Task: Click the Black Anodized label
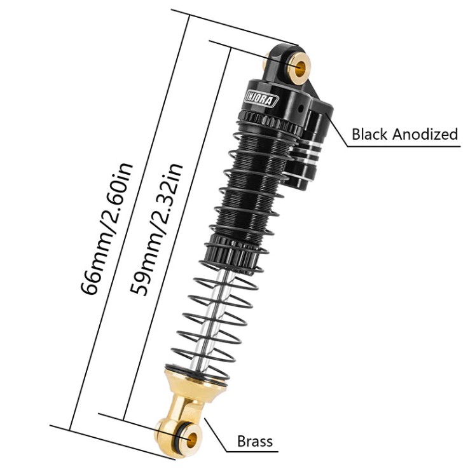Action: coord(404,134)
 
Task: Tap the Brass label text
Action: coord(254,441)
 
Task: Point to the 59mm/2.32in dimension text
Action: coord(156,228)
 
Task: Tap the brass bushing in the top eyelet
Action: coord(299,66)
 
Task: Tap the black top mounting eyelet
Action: coord(283,60)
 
